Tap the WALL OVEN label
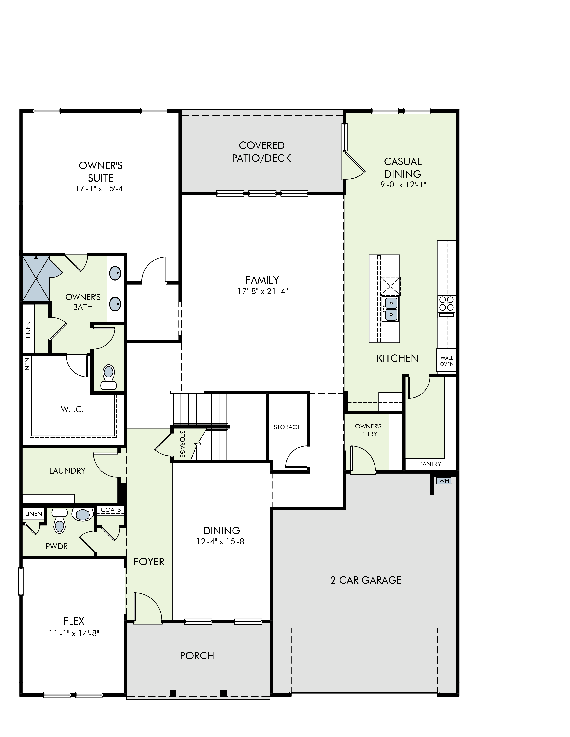point(447,361)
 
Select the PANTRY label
point(430,464)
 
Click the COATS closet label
point(111,510)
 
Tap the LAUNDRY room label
point(67,471)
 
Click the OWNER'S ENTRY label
point(368,430)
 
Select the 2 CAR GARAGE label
point(366,580)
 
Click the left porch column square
point(173,693)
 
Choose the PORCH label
point(197,656)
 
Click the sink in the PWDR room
point(83,514)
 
